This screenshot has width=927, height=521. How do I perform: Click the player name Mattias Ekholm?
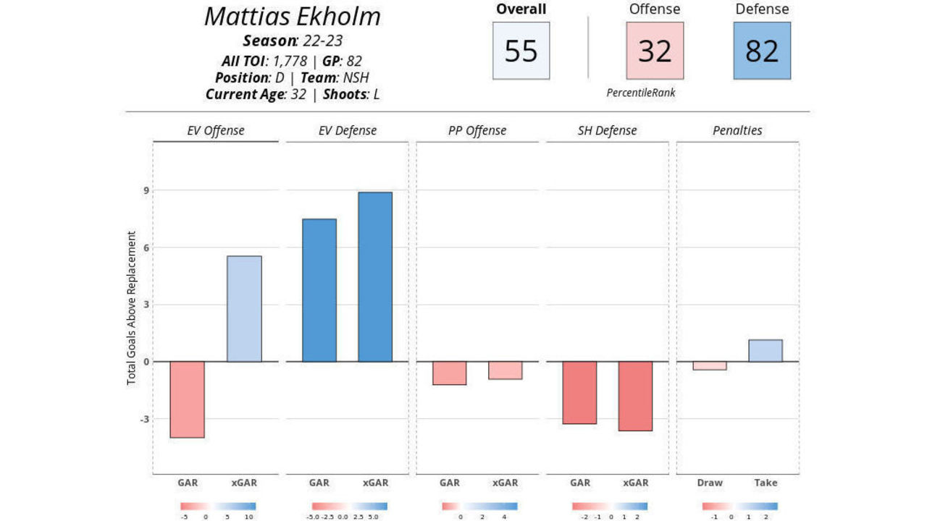pos(292,17)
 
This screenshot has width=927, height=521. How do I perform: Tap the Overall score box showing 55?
pos(521,51)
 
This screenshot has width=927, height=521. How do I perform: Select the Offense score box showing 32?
pos(655,51)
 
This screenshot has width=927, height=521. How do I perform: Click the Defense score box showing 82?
pos(762,51)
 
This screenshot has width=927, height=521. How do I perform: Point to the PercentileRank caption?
pos(641,93)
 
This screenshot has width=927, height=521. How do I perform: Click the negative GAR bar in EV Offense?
pos(187,399)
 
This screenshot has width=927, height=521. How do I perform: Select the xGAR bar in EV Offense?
pos(244,309)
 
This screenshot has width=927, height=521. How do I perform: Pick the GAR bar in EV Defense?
pos(319,290)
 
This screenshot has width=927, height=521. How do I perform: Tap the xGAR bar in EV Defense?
pos(375,277)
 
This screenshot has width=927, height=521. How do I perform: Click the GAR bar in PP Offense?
pos(449,373)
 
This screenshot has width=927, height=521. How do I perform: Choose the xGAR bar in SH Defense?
pos(635,396)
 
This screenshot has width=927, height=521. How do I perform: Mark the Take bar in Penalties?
pos(765,351)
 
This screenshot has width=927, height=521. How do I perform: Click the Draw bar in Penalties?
pos(710,365)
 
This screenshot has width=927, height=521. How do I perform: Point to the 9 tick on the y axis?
pos(146,190)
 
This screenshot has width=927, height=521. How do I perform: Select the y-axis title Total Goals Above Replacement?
pos(132,308)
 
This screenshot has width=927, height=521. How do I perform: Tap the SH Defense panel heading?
pos(607,131)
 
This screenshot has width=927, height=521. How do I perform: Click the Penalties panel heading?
pos(737,131)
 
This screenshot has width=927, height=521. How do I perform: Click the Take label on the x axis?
pos(765,483)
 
